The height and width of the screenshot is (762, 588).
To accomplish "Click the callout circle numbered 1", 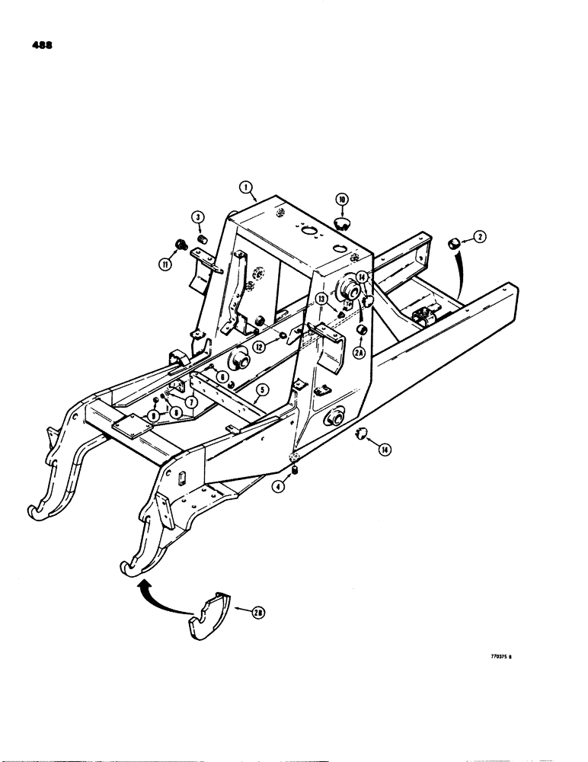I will (245, 185).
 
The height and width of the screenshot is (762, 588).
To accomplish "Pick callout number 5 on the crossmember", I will (260, 389).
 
